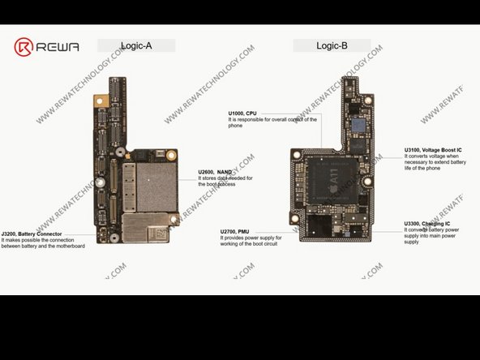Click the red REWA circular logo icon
click(x=25, y=46)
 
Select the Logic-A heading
click(x=136, y=46)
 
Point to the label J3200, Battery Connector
click(x=32, y=234)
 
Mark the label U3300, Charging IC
click(x=427, y=223)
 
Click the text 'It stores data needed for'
click(x=225, y=178)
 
